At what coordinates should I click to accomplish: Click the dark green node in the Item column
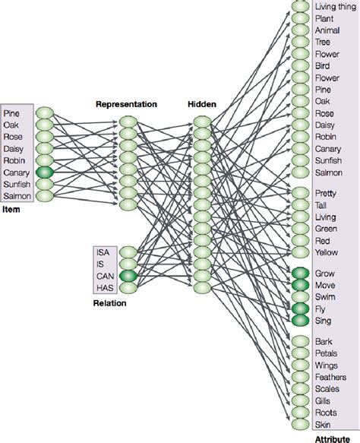click(x=45, y=173)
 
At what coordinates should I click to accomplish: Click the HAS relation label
click(x=103, y=288)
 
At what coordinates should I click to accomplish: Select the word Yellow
click(x=327, y=252)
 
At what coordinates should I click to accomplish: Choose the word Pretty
click(x=327, y=194)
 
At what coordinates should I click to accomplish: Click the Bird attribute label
click(x=322, y=67)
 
